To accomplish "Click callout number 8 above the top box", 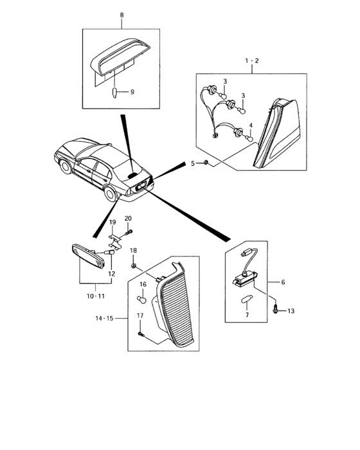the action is click(x=122, y=15).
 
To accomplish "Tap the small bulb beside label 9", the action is click(x=114, y=93).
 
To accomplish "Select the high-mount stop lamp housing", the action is click(x=121, y=57).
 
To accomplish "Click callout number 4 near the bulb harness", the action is click(x=251, y=125).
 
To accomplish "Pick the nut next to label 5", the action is click(x=206, y=163).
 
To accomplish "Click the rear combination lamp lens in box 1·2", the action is click(x=276, y=134).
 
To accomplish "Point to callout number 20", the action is click(x=128, y=219).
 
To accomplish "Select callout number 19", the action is click(x=113, y=222).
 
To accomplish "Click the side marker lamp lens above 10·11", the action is click(x=88, y=255).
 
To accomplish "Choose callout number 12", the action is click(x=112, y=274).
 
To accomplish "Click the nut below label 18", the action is click(x=133, y=265).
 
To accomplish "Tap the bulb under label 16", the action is click(x=141, y=299).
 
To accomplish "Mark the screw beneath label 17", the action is click(x=141, y=334).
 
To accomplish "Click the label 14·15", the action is click(x=105, y=318).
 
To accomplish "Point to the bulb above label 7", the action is click(x=246, y=300).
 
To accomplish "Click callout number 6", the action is click(x=283, y=282).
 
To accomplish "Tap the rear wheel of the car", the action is click(x=110, y=194).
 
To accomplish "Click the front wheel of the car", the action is click(x=66, y=166).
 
